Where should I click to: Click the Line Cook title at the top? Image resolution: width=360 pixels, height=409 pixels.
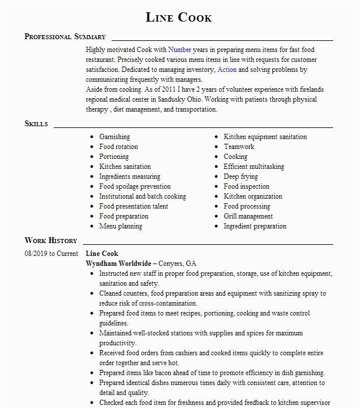coord(179,18)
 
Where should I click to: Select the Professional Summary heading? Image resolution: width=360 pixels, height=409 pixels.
coord(65,36)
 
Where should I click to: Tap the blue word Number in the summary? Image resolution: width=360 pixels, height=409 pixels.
coord(180,50)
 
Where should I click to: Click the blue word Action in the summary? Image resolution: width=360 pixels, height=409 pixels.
coord(227,70)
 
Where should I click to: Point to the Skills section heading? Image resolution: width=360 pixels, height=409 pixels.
coord(36,124)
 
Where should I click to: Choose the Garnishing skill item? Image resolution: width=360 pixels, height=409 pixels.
coord(115,137)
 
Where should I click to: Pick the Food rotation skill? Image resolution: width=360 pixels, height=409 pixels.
coord(119,147)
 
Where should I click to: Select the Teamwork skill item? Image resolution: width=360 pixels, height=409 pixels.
coord(239,147)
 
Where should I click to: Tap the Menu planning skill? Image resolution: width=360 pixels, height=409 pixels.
coord(120,226)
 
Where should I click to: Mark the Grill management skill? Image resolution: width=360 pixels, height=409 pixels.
coord(248,216)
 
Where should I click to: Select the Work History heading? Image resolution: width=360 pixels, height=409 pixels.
coord(51,240)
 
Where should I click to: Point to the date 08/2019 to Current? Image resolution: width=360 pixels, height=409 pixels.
coord(51,254)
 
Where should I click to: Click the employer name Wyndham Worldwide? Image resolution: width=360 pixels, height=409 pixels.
coord(119,264)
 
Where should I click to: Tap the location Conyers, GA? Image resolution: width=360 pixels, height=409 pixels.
coord(182,264)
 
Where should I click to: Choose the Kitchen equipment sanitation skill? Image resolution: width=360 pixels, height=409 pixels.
coord(265,137)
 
